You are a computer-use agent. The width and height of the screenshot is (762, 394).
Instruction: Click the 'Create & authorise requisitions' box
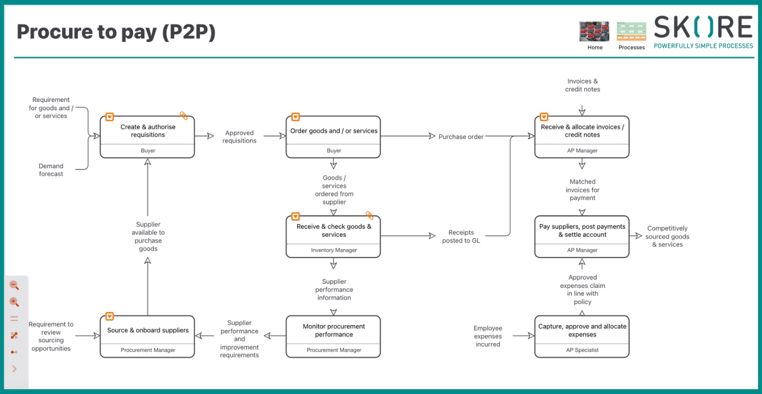(x=148, y=131)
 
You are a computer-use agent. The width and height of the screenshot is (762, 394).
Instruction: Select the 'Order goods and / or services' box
(x=333, y=131)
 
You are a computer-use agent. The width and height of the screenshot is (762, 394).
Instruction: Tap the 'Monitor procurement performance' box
(x=333, y=331)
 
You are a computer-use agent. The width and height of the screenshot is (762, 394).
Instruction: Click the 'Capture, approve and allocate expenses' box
(x=582, y=331)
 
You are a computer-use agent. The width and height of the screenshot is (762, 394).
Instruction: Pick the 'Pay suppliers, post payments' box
(x=582, y=231)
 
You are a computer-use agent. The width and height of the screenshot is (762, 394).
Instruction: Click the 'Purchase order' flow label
(x=461, y=137)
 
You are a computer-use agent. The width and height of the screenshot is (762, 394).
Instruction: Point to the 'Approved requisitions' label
(x=239, y=137)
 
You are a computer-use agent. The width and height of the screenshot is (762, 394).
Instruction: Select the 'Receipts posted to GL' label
(x=461, y=237)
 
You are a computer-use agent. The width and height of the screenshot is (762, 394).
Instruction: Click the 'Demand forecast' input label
(x=51, y=170)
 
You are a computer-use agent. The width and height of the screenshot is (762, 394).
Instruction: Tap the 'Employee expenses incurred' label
(x=488, y=336)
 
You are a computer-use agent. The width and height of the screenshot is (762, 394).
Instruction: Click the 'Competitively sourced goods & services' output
(x=667, y=236)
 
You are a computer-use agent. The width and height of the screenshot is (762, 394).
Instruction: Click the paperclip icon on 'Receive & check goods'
(x=369, y=216)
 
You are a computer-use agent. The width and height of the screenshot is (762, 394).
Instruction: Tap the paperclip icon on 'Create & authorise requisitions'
(x=184, y=116)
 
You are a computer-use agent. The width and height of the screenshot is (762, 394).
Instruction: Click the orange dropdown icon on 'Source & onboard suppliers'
(x=109, y=316)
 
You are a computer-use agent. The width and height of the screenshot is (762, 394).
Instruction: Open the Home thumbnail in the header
(x=594, y=32)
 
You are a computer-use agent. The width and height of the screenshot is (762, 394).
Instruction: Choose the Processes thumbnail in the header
(x=631, y=32)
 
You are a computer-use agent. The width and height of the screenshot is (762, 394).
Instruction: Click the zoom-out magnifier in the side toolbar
(x=14, y=286)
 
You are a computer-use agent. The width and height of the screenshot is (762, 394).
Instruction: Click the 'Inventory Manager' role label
(x=333, y=250)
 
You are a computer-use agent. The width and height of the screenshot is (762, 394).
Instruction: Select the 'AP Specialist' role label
(x=582, y=350)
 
